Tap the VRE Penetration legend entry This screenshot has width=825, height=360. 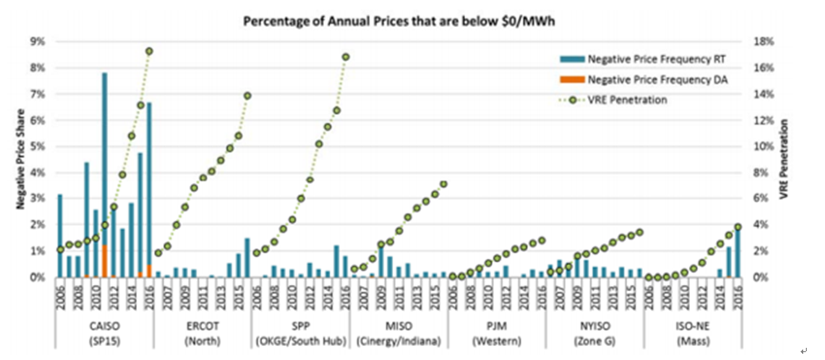coord(627,99)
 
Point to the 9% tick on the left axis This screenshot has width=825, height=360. coord(38,41)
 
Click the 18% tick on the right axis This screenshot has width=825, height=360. coord(763,41)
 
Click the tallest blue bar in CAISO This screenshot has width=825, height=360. coord(105,174)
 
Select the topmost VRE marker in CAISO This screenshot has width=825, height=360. coord(149,51)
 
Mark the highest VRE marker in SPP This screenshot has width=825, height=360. coord(345,57)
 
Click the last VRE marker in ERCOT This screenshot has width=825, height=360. coord(247,96)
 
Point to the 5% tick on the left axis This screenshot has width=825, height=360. coord(38,146)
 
